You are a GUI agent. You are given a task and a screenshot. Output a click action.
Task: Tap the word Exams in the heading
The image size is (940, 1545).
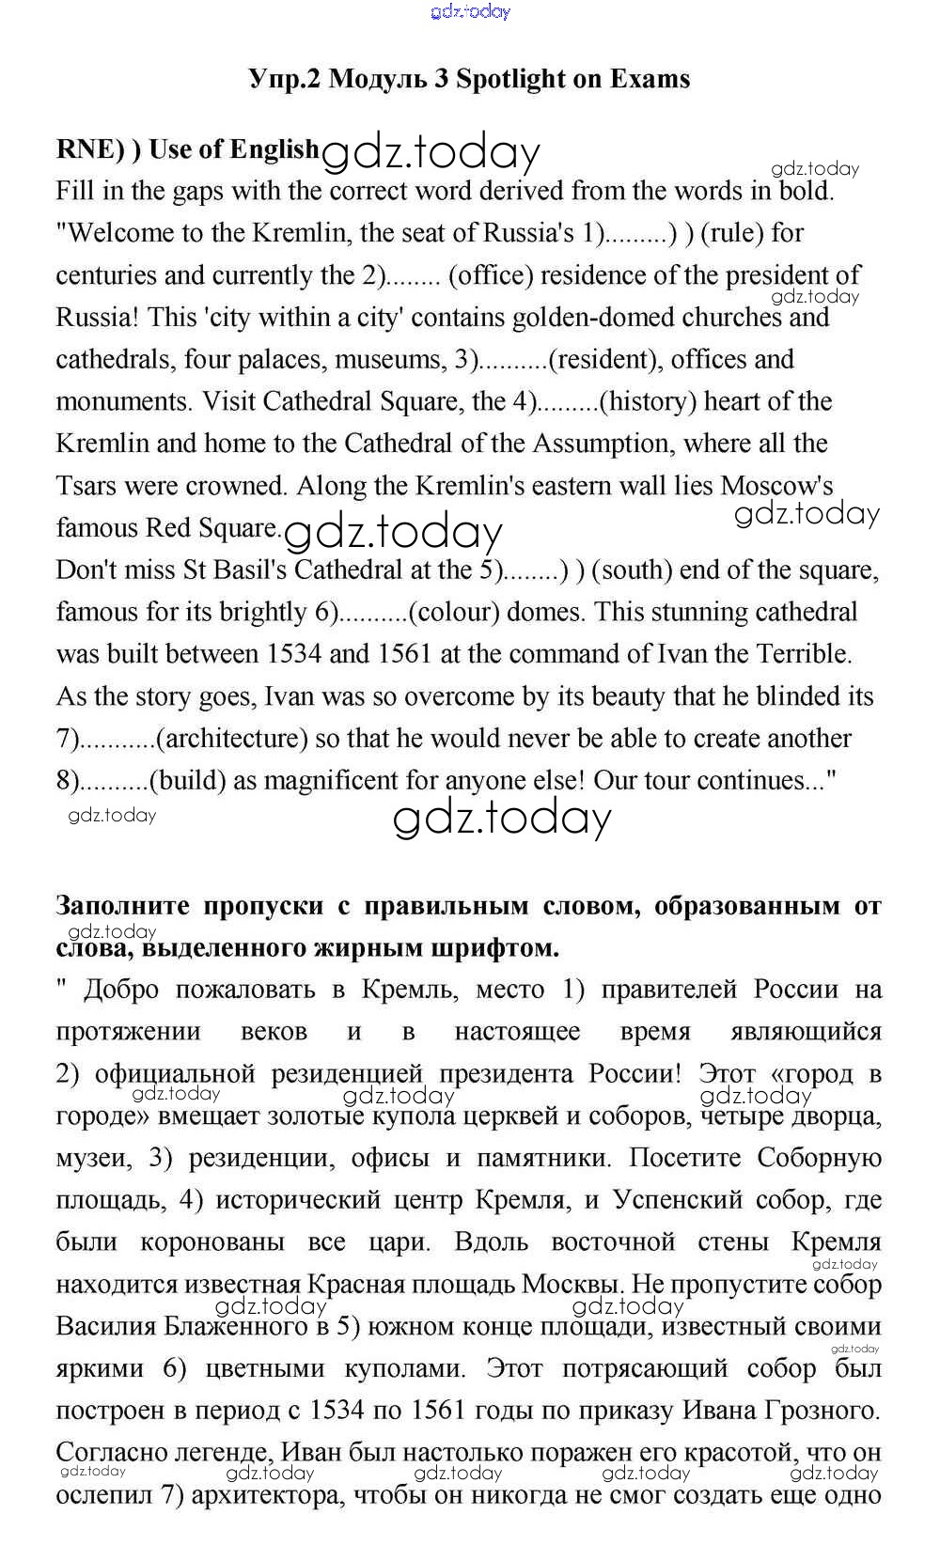click(x=649, y=79)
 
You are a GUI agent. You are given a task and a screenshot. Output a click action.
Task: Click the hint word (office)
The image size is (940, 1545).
click(x=485, y=275)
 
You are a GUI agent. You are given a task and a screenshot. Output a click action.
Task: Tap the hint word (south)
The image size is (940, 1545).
click(x=631, y=570)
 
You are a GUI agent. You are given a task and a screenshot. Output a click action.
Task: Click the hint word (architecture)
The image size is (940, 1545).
click(x=232, y=739)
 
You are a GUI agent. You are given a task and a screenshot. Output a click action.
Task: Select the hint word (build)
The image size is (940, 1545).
click(x=187, y=781)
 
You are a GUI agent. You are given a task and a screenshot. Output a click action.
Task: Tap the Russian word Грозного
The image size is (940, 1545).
click(x=820, y=1411)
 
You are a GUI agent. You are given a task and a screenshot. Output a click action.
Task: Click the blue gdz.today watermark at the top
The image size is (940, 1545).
click(x=470, y=11)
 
